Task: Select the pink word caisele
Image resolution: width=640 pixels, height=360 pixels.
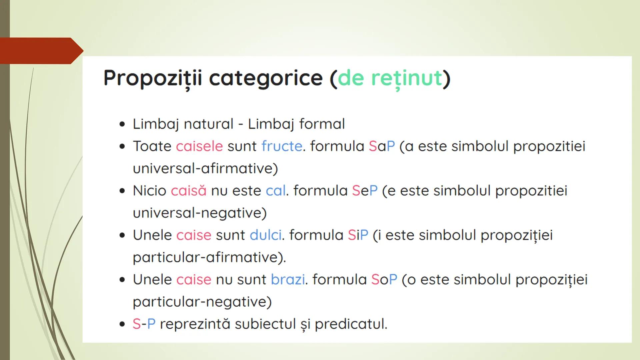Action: [x=199, y=146]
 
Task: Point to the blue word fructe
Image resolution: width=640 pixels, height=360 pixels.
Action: [x=282, y=146]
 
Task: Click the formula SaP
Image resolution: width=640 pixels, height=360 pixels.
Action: [x=382, y=146]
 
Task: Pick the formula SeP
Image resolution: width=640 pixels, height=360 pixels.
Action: [x=365, y=191]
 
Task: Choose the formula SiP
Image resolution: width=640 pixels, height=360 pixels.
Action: [x=358, y=235]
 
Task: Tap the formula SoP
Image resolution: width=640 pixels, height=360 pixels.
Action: [x=384, y=280]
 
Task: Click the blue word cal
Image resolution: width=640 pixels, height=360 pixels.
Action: [x=275, y=191]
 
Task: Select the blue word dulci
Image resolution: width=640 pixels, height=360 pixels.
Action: [x=266, y=235]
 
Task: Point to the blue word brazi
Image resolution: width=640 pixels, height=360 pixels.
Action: [x=288, y=280]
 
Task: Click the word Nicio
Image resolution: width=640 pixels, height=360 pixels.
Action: [x=149, y=191]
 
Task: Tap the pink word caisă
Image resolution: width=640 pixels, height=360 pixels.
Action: [x=189, y=191]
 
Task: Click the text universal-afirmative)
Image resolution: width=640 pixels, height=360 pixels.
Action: [x=205, y=168]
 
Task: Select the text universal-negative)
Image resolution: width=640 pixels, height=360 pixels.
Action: [x=200, y=213]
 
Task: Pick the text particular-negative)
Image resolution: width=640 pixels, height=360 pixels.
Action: [x=202, y=302]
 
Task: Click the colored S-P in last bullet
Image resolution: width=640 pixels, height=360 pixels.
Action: [x=144, y=324]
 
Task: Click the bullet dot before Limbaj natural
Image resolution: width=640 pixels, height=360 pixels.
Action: [x=122, y=124]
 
